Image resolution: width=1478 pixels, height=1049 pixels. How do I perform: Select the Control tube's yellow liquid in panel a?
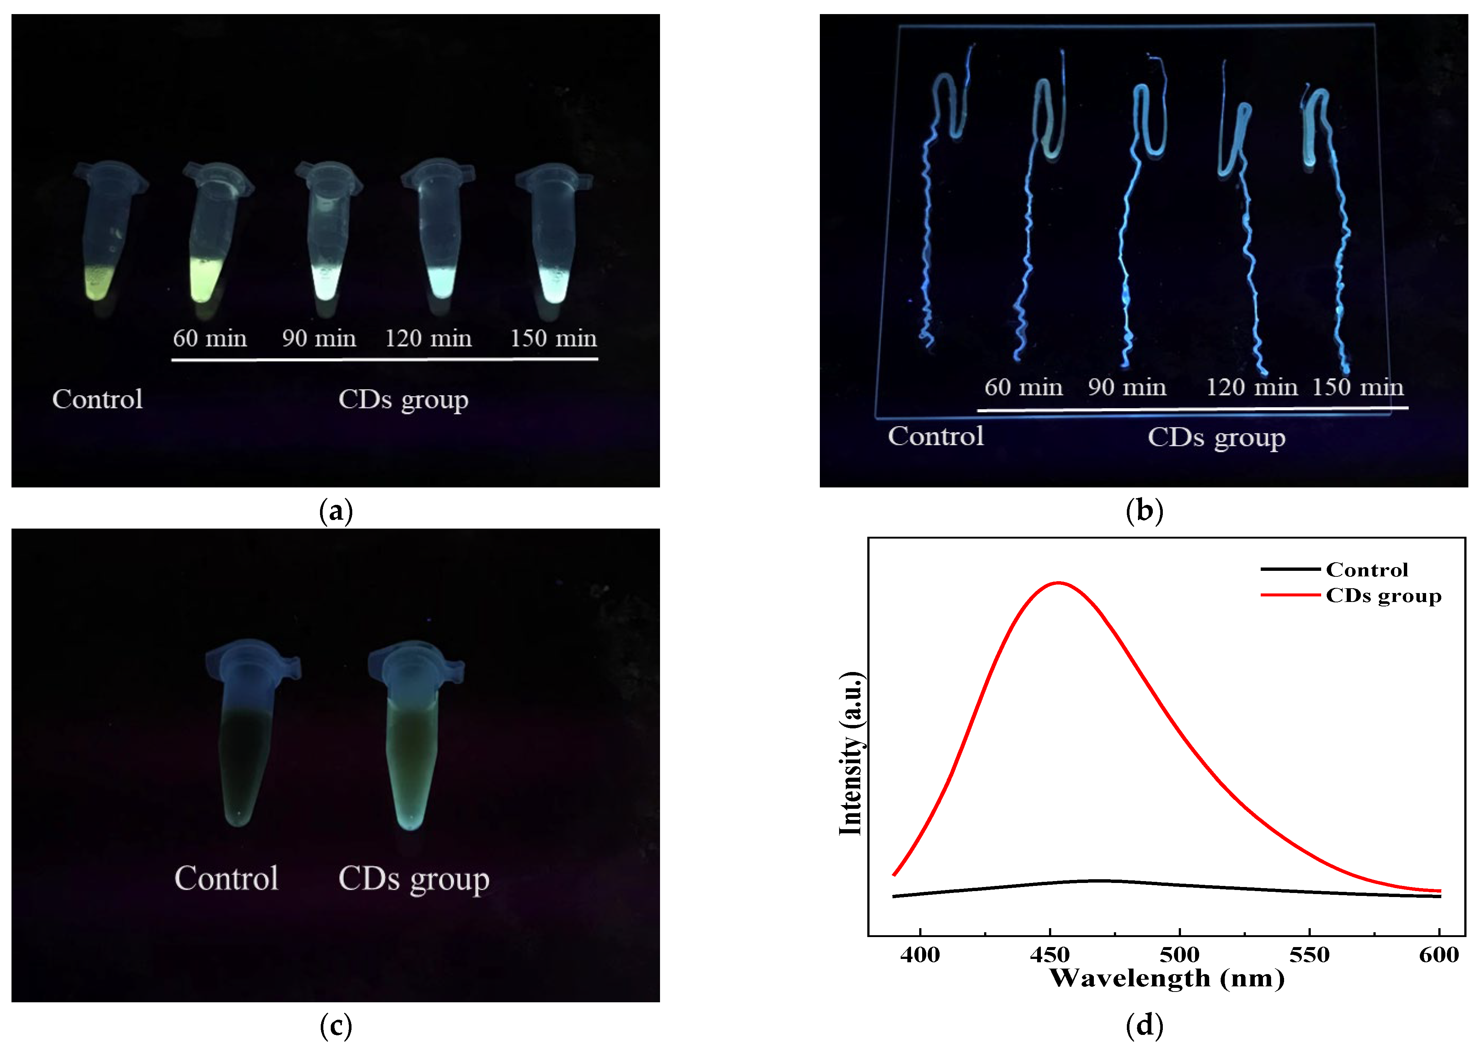click(99, 283)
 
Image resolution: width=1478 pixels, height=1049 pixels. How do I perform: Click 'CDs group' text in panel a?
click(403, 400)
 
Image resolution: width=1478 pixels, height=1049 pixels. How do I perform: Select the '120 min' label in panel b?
click(1251, 388)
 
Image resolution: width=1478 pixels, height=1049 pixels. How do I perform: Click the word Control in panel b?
click(936, 437)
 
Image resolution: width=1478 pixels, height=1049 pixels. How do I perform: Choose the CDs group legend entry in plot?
click(1382, 596)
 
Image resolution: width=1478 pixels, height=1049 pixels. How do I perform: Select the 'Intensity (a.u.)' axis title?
click(851, 752)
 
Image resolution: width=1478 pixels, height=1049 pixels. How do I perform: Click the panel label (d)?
click(1144, 1026)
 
